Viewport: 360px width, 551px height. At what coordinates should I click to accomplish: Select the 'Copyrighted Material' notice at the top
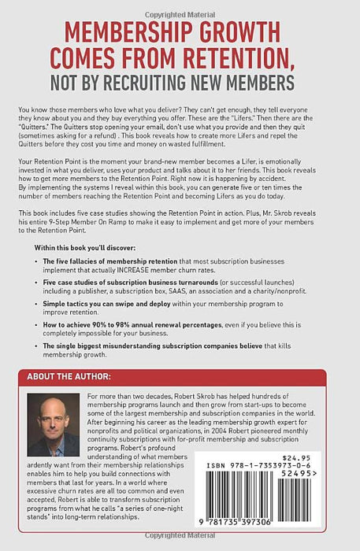179,6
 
